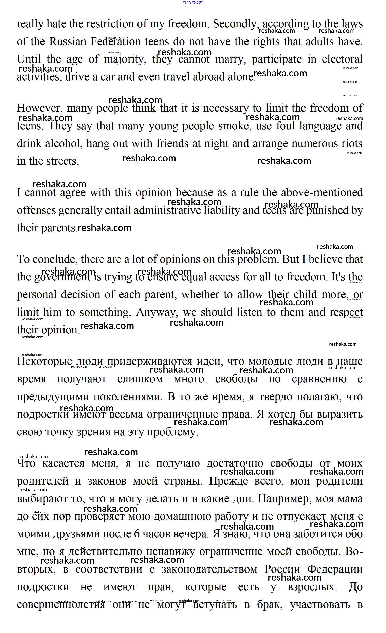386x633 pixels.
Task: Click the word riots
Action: coord(352,144)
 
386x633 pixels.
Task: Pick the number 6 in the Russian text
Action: coord(137,534)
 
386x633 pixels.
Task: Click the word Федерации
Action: coord(335,569)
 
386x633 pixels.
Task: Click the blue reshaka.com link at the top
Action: coord(193,2)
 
